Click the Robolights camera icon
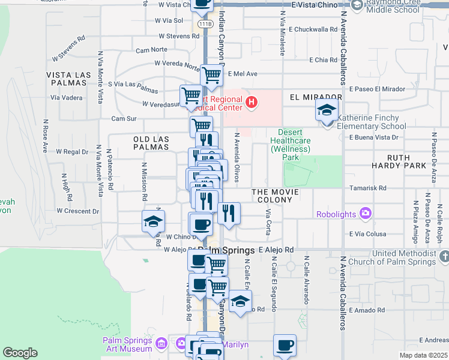[x=365, y=213]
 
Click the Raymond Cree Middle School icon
[x=357, y=6]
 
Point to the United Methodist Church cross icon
[x=444, y=257]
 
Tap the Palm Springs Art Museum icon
[x=161, y=344]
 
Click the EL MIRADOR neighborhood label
[x=315, y=97]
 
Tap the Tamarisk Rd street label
[x=367, y=188]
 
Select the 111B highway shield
[x=205, y=24]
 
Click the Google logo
[x=20, y=352]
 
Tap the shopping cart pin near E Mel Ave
[x=211, y=76]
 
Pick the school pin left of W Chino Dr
[x=153, y=221]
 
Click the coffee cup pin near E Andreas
[x=285, y=345]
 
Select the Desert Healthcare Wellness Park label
[x=291, y=145]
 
